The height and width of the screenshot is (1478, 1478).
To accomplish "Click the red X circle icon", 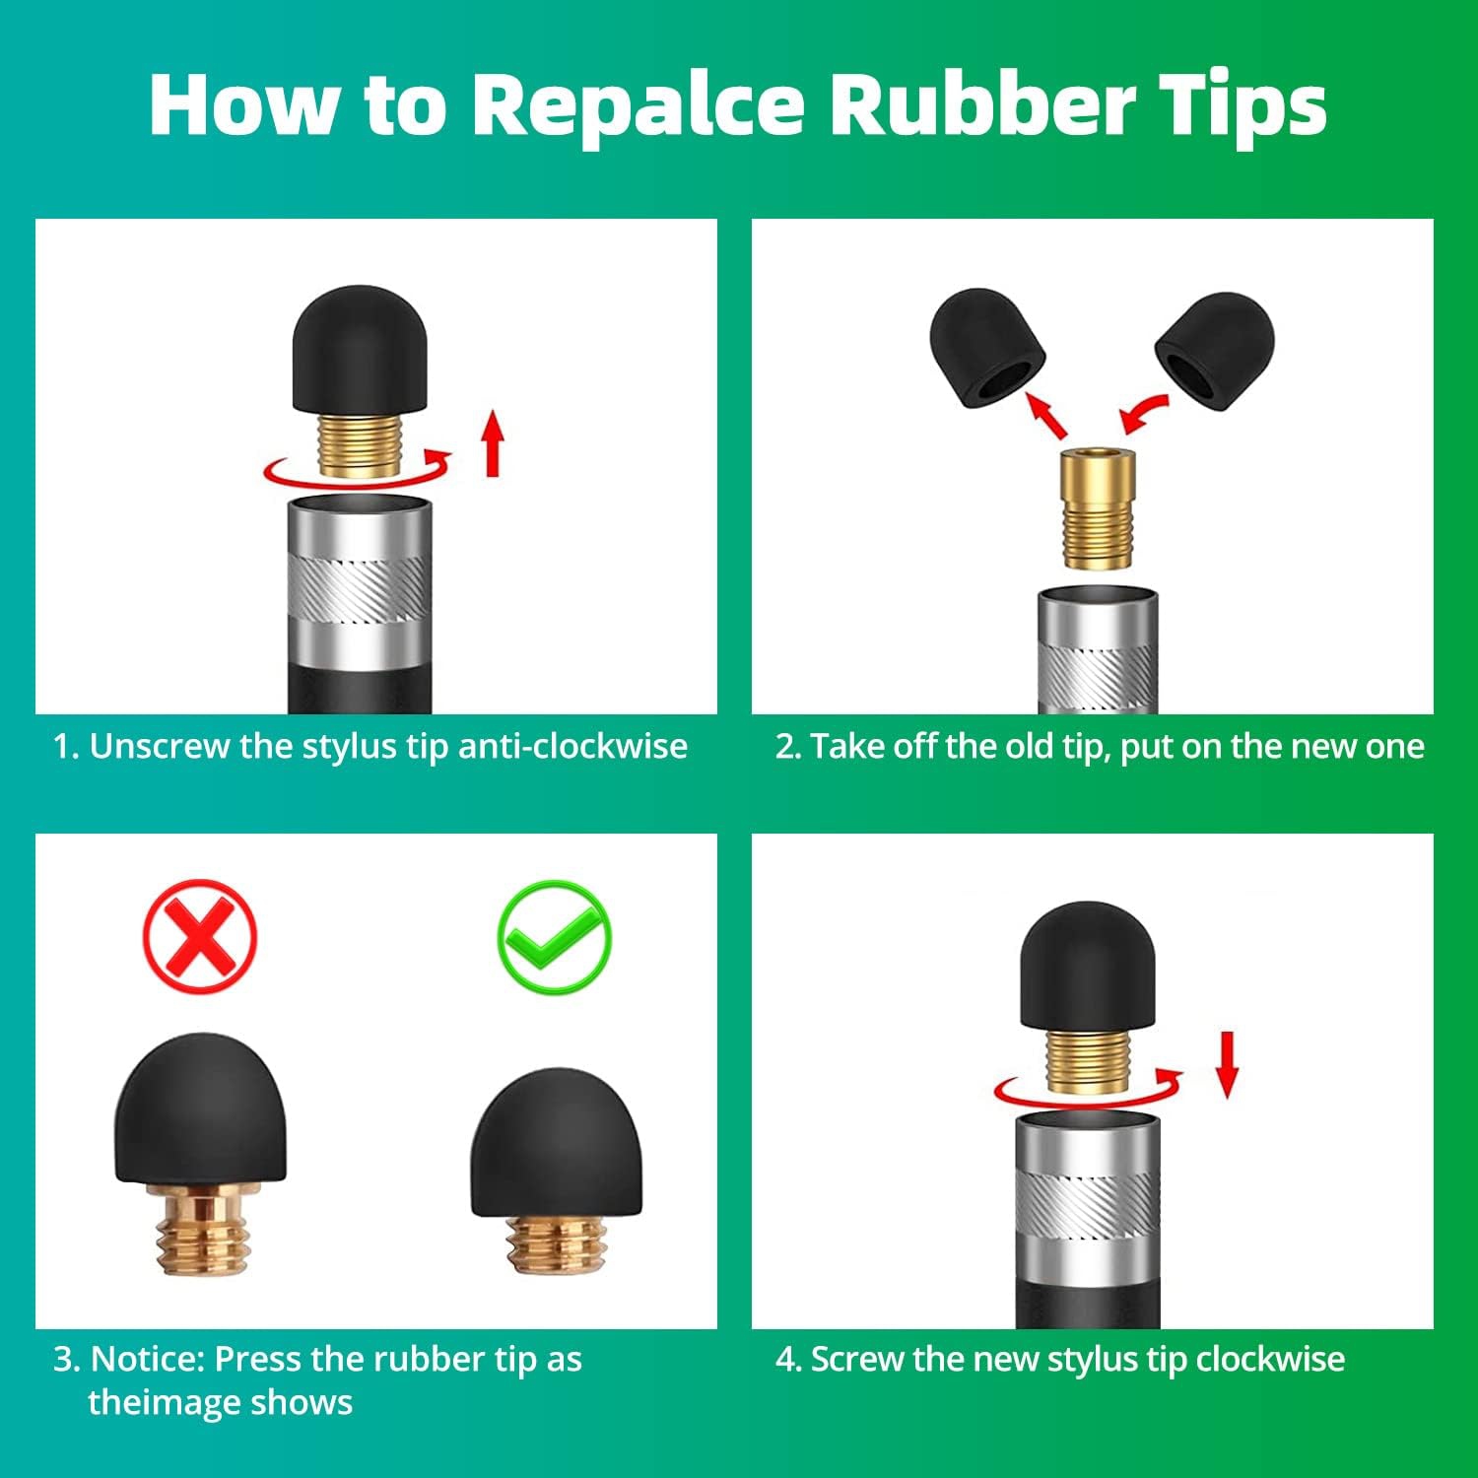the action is pyautogui.click(x=200, y=936).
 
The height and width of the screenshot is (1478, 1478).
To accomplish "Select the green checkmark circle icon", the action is pyautogui.click(x=554, y=936).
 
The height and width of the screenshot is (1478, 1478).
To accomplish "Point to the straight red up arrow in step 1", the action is pyautogui.click(x=493, y=445).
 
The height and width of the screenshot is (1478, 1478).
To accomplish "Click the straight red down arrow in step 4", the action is pyautogui.click(x=1226, y=1064).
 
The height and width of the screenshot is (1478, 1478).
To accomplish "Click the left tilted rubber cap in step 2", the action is pyautogui.click(x=986, y=347).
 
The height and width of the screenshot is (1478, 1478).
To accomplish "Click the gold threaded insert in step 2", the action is pyautogui.click(x=1097, y=508).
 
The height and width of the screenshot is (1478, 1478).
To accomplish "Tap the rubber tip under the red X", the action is pyautogui.click(x=200, y=1110).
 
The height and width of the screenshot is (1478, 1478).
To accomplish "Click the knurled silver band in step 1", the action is pyautogui.click(x=359, y=588).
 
